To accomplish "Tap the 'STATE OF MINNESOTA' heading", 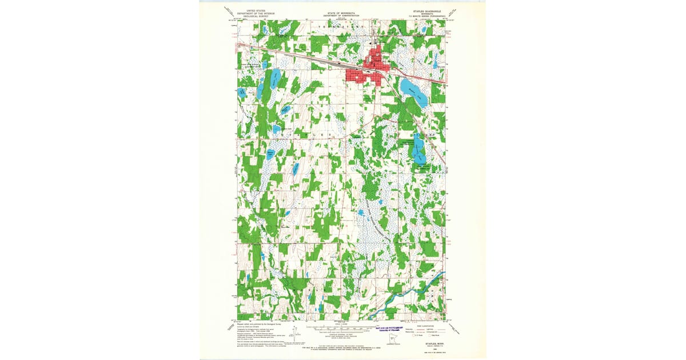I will point(340,13).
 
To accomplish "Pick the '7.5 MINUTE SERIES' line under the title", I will point(425,17).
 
